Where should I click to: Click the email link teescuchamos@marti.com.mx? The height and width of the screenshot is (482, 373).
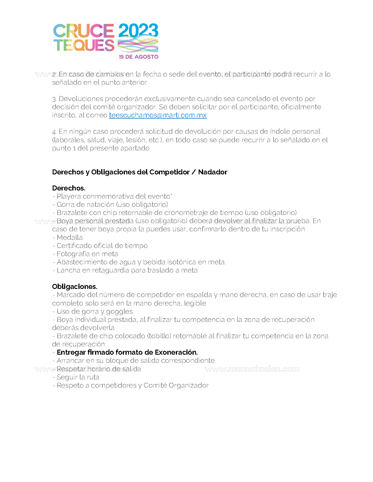(x=158, y=115)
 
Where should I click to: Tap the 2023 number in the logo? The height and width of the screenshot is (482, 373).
(x=138, y=31)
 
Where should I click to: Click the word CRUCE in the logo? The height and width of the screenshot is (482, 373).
(x=83, y=31)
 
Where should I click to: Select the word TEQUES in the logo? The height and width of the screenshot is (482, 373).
(x=84, y=45)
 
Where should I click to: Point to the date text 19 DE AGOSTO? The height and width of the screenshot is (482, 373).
(x=138, y=57)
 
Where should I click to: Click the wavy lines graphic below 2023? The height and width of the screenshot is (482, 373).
(x=138, y=46)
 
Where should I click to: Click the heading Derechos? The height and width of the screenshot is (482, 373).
(x=68, y=188)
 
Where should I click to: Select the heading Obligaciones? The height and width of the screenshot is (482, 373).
(x=75, y=287)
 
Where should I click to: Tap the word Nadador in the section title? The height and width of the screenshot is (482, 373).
(x=213, y=172)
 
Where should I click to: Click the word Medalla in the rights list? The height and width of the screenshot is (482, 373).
(x=70, y=237)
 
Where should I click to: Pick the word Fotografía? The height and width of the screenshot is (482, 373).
(x=73, y=254)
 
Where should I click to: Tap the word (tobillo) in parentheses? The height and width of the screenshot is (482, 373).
(x=159, y=336)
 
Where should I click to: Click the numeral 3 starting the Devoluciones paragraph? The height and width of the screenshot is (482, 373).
(x=54, y=99)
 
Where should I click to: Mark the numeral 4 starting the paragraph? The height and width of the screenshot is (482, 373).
(x=54, y=132)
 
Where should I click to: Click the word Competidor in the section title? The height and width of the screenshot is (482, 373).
(x=169, y=172)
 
